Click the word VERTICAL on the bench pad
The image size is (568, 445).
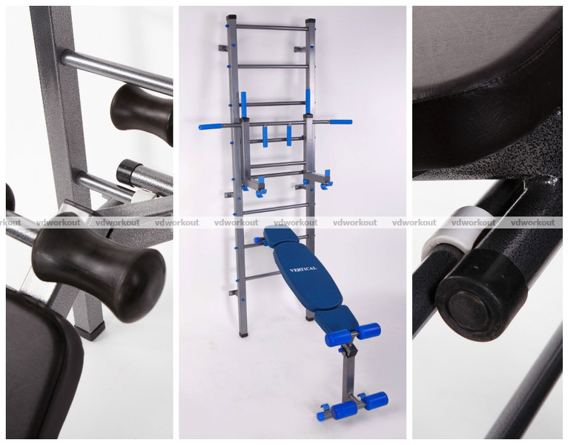click(303, 269)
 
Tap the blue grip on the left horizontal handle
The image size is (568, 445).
click(211, 127)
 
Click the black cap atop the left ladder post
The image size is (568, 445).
click(231, 17)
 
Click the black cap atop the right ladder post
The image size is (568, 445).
click(311, 22)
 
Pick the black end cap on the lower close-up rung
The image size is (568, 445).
click(129, 171)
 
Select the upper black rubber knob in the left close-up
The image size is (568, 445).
click(142, 113)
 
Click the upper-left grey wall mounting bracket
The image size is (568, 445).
click(223, 47)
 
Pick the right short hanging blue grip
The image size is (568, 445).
click(289, 136)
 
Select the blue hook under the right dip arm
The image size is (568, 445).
click(327, 179)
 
